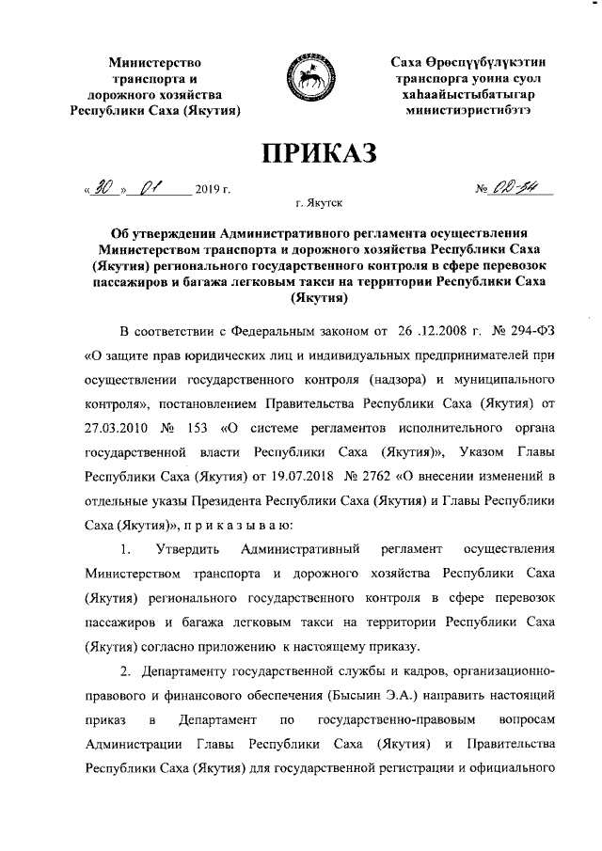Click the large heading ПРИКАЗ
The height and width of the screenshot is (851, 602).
(x=302, y=152)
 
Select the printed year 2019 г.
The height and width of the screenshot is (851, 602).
(x=213, y=191)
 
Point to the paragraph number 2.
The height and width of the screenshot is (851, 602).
(x=124, y=670)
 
